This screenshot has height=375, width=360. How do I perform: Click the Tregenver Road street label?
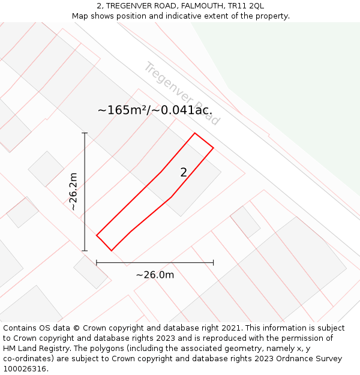click(x=182, y=93)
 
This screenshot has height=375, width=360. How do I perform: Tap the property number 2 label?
click(x=184, y=173)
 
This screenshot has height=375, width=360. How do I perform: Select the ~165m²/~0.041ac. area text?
click(x=155, y=110)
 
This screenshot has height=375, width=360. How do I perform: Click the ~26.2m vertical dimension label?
click(x=73, y=191)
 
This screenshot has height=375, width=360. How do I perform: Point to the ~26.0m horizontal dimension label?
click(x=155, y=275)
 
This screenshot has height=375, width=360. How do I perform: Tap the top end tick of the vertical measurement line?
click(x=85, y=133)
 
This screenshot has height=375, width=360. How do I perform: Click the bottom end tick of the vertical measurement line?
click(x=85, y=251)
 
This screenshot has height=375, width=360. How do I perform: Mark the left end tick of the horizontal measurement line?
click(x=97, y=262)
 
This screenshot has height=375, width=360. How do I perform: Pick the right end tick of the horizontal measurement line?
click(x=213, y=262)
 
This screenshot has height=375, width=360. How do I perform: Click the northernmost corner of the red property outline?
click(x=194, y=133)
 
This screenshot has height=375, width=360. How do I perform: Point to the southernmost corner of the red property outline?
click(x=111, y=251)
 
